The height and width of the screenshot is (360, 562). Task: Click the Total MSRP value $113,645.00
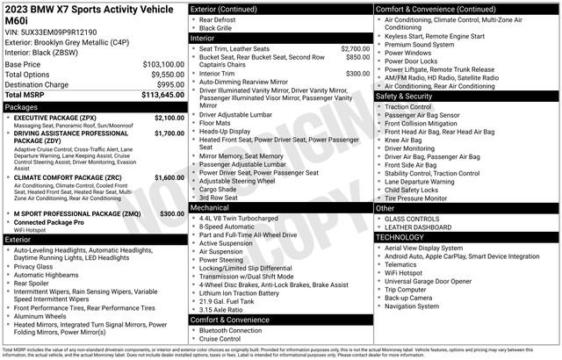pyautogui.click(x=157, y=95)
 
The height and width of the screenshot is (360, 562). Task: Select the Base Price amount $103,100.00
pyautogui.click(x=159, y=65)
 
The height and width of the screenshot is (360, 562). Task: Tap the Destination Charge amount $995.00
pyautogui.click(x=166, y=84)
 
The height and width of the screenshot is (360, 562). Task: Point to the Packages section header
pyautogui.click(x=22, y=107)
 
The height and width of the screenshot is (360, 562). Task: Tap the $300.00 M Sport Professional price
pyautogui.click(x=171, y=213)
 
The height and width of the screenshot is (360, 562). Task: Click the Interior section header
pyautogui.click(x=204, y=39)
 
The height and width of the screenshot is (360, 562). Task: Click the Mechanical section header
pyautogui.click(x=211, y=207)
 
